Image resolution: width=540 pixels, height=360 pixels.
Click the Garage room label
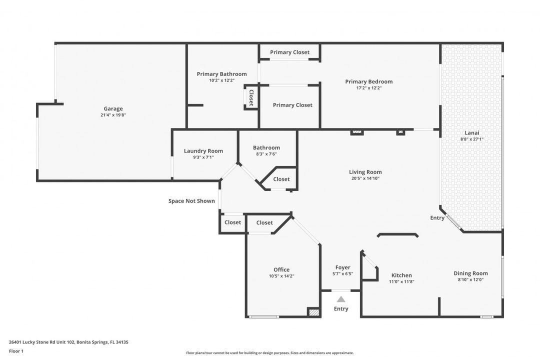coord(113,109)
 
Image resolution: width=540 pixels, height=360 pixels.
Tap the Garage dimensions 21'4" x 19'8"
coord(113,115)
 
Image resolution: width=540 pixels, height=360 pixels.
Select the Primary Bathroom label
coord(222,74)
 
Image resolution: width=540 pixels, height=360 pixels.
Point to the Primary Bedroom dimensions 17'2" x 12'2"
coord(369,88)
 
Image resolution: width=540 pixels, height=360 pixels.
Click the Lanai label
coord(472,132)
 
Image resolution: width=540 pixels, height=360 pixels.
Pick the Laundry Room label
coord(203,151)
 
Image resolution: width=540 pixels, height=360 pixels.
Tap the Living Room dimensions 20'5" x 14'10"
coord(365,178)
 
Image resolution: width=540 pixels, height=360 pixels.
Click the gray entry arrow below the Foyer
coord(341,299)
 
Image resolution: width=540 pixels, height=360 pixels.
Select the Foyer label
coord(342,267)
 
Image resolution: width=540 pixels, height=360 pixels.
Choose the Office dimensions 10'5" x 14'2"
coord(281,276)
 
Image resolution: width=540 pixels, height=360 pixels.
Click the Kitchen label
coord(401,275)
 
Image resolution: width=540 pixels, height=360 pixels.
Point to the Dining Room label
coord(470,273)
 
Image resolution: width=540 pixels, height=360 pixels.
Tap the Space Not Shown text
coord(191,201)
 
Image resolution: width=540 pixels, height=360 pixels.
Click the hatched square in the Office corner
coord(313,312)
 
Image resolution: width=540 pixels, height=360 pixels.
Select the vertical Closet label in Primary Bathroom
coord(251,97)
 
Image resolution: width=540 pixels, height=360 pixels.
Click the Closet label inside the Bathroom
coord(281,179)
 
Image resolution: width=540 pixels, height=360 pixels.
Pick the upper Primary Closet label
coord(289,52)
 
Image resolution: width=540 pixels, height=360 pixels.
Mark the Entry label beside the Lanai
coord(437,217)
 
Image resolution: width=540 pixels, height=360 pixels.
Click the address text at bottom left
coord(68,342)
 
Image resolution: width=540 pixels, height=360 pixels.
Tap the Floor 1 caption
coord(16,351)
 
